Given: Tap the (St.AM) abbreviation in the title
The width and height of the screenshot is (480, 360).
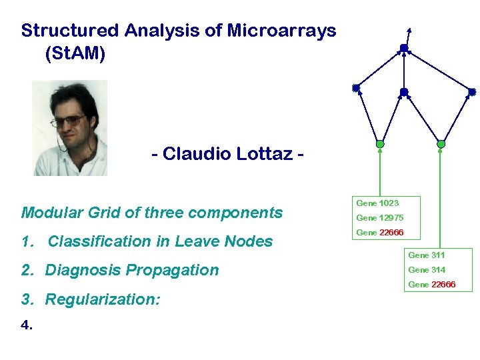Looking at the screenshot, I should [x=75, y=54].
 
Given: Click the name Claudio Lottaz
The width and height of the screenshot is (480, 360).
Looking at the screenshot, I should [x=227, y=154].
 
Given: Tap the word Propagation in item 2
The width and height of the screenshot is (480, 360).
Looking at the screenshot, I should [x=176, y=270].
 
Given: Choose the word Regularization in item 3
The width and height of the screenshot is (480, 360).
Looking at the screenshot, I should [x=102, y=299].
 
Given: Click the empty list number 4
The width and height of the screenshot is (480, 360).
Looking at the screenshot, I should [x=25, y=326].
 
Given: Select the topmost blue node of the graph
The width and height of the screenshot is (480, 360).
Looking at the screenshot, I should [x=403, y=48].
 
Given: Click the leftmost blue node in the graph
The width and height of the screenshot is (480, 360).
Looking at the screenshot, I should [x=356, y=88].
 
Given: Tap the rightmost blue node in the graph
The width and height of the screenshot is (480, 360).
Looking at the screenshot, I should [x=472, y=91].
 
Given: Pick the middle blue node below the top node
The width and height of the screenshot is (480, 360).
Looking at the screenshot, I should [x=403, y=92].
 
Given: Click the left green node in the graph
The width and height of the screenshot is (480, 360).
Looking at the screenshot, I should [x=380, y=144].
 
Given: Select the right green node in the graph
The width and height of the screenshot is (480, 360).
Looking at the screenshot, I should [x=441, y=144].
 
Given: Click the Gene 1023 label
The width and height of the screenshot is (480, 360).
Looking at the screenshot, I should [x=377, y=203].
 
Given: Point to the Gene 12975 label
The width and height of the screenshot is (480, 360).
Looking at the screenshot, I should [x=379, y=218].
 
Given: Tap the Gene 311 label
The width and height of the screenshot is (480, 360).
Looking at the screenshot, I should [x=427, y=255].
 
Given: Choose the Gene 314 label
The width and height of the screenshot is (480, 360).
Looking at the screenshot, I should [x=427, y=270].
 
